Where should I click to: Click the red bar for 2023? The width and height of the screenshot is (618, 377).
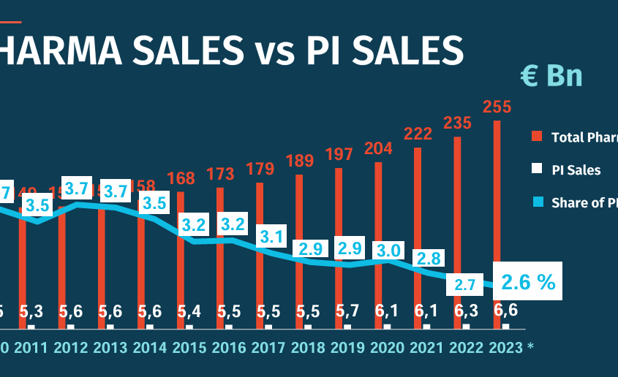point(497,190)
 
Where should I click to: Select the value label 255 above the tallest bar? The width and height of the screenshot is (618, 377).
point(497,107)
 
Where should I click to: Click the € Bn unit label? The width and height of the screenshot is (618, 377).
point(551,75)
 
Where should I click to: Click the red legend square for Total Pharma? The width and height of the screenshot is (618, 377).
point(536,137)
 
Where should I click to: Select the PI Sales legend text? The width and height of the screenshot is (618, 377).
point(576,170)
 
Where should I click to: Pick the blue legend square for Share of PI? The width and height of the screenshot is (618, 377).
point(536,203)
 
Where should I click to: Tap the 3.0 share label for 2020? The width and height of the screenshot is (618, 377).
point(387,250)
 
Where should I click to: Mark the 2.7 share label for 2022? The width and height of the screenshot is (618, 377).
point(466,285)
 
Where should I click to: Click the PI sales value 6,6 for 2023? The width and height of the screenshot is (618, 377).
point(505,310)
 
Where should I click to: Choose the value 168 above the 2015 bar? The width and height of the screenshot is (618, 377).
point(181,178)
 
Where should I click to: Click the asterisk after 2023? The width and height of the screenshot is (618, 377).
point(530,347)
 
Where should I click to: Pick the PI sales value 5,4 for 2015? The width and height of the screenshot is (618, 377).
point(189,311)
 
